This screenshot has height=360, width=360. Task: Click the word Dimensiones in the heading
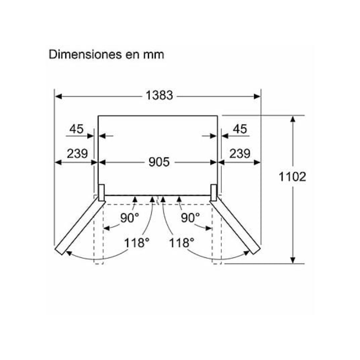pos(85,54)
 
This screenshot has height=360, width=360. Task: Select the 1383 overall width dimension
pos(159,95)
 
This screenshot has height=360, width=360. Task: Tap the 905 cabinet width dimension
pos(159,162)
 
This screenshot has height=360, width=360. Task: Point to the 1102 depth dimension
pos(292,177)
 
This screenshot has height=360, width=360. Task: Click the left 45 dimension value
pos(76,129)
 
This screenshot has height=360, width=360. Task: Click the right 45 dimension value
pos(240,129)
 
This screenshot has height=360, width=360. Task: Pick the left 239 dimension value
pos(77,153)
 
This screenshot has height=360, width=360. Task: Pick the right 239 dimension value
pos(240,153)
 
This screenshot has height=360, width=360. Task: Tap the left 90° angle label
pos(130,217)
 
